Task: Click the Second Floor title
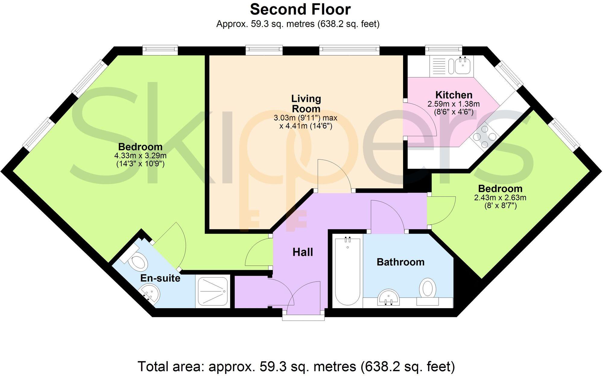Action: pos(300,9)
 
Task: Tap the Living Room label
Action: pos(306,104)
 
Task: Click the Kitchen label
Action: pos(454,95)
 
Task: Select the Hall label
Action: pos(303,252)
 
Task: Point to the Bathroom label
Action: pos(400,262)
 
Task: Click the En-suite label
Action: pos(160,278)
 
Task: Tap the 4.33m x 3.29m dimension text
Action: pos(140,156)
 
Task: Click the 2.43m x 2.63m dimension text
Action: pos(500,198)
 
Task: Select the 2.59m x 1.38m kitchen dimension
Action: pos(453,104)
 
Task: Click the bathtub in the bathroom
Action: pos(348,271)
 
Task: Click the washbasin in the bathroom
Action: pos(388,297)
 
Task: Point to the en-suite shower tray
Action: pos(213,291)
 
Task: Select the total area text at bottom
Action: pos(296,367)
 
